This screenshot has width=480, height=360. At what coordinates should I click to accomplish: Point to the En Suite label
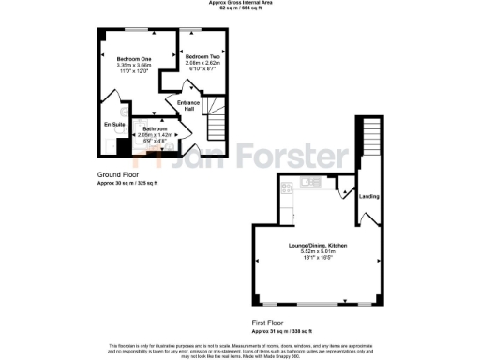point(113,124)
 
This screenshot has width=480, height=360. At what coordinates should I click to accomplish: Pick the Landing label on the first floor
point(368,197)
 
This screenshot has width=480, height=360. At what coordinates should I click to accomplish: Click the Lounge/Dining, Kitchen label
point(317,245)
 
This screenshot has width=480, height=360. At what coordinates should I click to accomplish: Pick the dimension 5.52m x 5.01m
point(317,251)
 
